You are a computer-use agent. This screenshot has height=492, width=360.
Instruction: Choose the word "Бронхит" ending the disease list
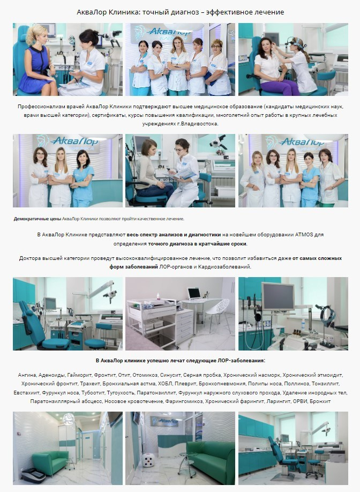click(321, 401)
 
